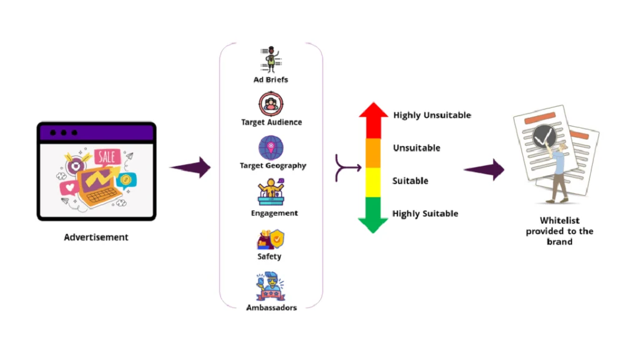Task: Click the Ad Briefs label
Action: [x=271, y=80]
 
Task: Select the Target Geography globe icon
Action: [x=271, y=148]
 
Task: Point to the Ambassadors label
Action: [x=271, y=308]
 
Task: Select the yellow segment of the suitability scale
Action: [x=373, y=182]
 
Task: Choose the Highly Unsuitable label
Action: [x=432, y=115]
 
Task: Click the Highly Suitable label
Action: [x=425, y=214]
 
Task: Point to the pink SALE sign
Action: [x=107, y=157]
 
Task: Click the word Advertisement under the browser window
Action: [x=96, y=237]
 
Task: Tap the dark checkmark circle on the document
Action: [x=540, y=135]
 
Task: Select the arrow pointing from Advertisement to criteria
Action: [x=190, y=167]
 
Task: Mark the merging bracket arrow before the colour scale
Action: [x=348, y=167]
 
